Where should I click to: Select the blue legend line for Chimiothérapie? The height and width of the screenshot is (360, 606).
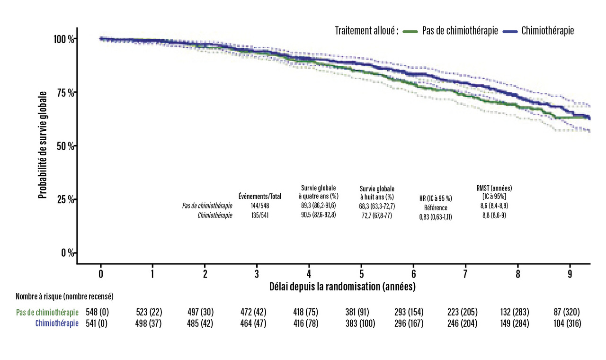tap(510, 31)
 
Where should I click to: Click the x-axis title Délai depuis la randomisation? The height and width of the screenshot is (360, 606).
tap(342, 286)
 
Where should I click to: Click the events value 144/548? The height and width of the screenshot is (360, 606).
tap(260, 206)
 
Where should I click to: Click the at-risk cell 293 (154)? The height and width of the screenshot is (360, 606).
tap(409, 313)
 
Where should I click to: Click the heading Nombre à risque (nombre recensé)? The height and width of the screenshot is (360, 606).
tap(64, 297)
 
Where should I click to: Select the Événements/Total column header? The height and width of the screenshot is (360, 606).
tap(260, 197)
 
